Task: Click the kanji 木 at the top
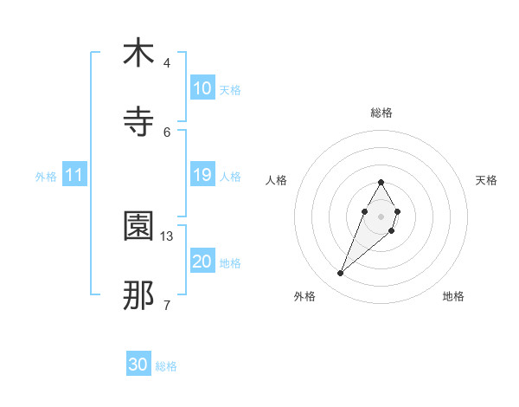click(138, 53)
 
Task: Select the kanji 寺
click(138, 122)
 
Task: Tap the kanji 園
click(138, 226)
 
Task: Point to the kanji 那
click(138, 295)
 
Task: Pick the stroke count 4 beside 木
click(167, 62)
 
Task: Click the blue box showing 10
click(202, 88)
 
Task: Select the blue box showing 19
click(202, 175)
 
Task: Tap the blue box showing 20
click(202, 262)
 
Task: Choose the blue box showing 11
click(74, 175)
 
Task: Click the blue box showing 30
click(138, 365)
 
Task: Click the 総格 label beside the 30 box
click(166, 366)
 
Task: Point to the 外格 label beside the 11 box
click(46, 177)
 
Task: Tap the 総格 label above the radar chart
click(381, 113)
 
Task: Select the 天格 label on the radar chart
click(487, 180)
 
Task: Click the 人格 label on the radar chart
click(277, 180)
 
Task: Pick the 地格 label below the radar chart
click(453, 296)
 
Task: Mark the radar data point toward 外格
click(340, 274)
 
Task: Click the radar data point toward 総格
click(381, 182)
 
